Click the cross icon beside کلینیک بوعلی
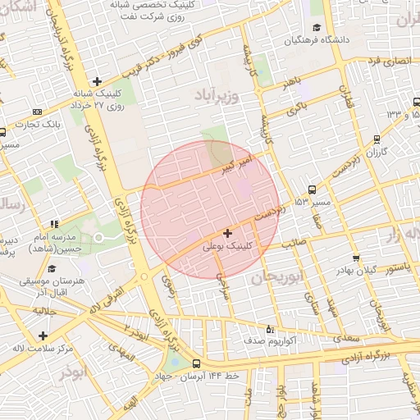point(227,234)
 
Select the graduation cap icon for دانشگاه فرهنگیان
point(301,39)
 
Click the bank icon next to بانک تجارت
point(36,112)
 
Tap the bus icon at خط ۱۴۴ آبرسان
point(196,363)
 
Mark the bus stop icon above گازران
point(377,139)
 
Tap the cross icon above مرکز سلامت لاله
point(43,335)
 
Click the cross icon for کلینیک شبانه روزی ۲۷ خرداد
point(97,81)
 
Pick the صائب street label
point(293,244)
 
